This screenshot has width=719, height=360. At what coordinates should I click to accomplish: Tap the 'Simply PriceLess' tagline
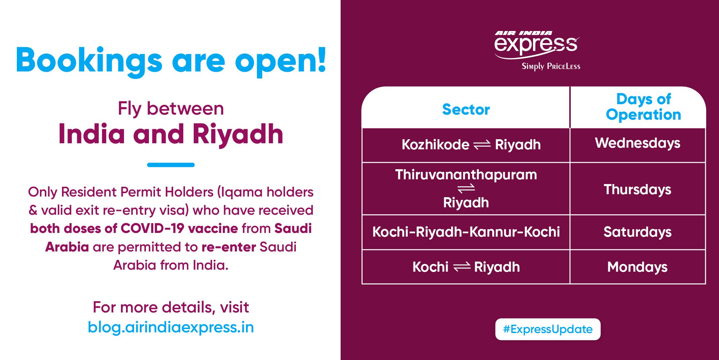(551, 66)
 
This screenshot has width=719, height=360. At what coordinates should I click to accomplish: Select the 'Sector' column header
(466, 110)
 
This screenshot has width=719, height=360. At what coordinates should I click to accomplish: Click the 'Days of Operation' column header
(644, 107)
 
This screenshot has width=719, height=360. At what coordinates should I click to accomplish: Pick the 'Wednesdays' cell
(637, 143)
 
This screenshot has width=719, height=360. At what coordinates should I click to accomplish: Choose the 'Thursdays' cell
(637, 190)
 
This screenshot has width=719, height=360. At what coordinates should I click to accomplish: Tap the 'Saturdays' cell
(637, 232)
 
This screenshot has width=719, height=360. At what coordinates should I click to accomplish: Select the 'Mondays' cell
(637, 267)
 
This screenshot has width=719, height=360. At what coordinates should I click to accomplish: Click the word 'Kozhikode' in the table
(435, 145)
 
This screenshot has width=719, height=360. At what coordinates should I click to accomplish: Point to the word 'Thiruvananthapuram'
(466, 175)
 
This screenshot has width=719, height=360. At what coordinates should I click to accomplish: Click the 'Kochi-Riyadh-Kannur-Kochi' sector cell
(466, 232)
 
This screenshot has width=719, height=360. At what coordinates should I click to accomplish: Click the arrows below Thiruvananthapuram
(466, 188)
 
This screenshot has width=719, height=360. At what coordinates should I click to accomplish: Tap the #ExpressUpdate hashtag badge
(548, 329)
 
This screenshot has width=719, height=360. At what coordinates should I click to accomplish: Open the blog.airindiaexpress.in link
(171, 327)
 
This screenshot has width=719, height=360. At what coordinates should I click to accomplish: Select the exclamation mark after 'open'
(322, 60)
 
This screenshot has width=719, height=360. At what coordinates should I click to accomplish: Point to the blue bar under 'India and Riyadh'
(171, 165)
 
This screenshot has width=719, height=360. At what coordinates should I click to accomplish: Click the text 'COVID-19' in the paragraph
(152, 229)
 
